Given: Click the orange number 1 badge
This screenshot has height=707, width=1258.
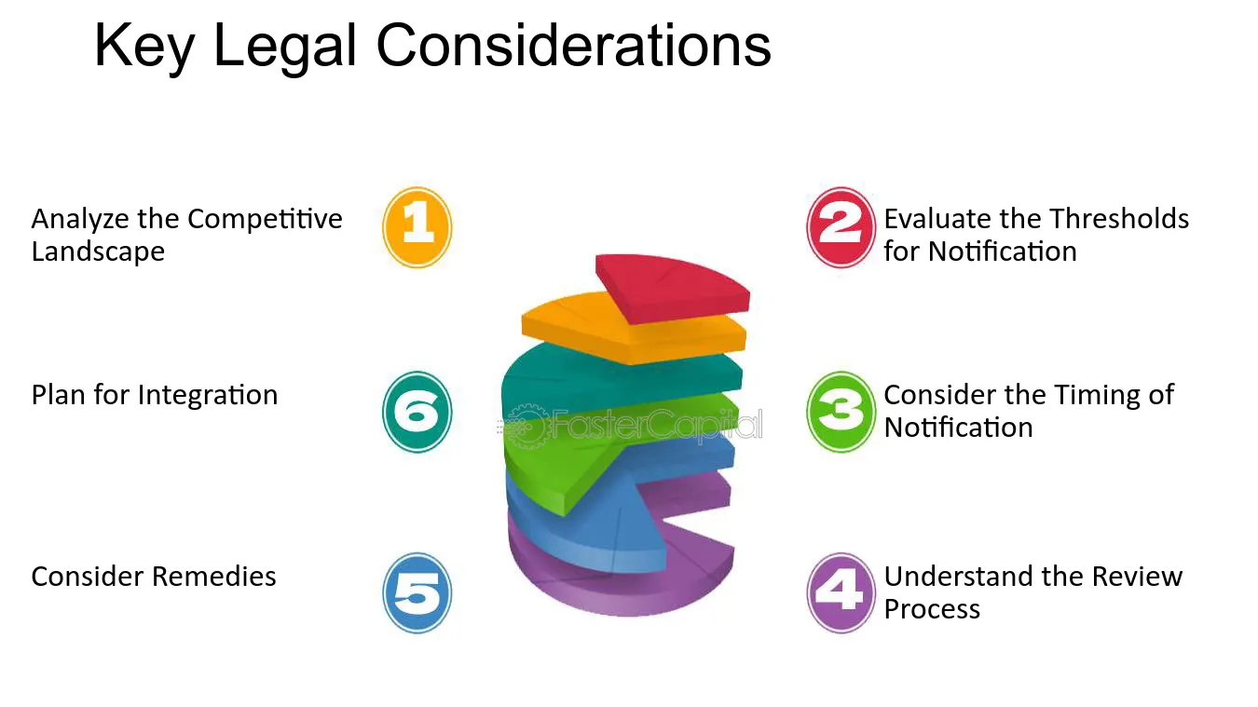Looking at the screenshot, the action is click(417, 227).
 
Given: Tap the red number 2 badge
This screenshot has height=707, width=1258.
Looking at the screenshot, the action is click(841, 227).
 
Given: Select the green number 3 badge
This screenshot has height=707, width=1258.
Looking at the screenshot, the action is click(841, 412).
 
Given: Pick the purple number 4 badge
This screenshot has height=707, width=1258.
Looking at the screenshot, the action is click(841, 593).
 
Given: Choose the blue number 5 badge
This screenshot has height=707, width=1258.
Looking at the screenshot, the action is click(417, 593).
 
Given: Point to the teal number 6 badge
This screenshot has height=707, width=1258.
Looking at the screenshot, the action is click(417, 412).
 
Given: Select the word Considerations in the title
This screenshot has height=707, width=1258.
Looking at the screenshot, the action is click(573, 46).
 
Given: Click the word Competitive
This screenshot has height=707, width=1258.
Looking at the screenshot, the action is click(265, 219).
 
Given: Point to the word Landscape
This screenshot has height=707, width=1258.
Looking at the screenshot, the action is click(98, 252).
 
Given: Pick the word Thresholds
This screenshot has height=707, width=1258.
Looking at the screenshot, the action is click(1119, 219).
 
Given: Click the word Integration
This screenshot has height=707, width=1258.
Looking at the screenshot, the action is click(208, 396).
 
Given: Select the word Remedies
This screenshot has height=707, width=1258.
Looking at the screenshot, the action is click(214, 577).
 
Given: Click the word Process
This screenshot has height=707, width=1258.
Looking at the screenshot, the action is click(932, 609).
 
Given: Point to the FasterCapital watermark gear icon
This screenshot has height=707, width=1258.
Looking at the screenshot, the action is click(525, 427).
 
